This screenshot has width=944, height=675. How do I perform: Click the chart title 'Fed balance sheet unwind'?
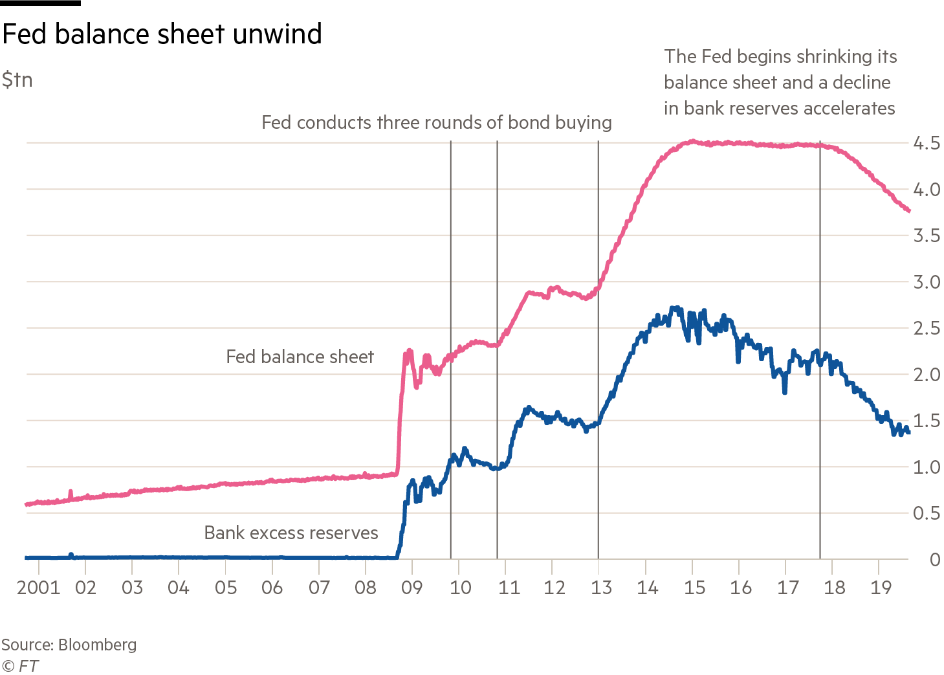[x=162, y=34]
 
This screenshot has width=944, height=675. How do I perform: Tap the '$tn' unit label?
[x=17, y=80]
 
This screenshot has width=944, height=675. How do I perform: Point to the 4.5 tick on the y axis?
[x=926, y=143]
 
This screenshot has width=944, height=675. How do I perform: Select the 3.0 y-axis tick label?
[x=926, y=282]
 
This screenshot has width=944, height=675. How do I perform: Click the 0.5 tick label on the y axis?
[x=926, y=513]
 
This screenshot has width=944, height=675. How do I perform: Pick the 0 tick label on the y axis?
[x=934, y=560]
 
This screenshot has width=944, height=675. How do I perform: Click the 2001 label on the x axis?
[x=38, y=588]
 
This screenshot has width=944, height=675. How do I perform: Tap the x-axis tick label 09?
[x=412, y=588]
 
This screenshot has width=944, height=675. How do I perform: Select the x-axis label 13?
[x=600, y=588]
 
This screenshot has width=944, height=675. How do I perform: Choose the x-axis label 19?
[x=881, y=588]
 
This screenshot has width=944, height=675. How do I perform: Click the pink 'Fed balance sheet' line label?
[x=300, y=357]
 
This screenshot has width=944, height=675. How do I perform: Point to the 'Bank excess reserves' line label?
[x=291, y=533]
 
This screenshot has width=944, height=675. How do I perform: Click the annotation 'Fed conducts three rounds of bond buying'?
[x=437, y=122]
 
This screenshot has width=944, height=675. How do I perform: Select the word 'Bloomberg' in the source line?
[x=97, y=645]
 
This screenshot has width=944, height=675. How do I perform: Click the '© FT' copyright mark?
[x=20, y=665]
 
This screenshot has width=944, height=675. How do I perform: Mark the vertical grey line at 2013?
[x=598, y=388]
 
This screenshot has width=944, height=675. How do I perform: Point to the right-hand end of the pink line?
[x=909, y=210]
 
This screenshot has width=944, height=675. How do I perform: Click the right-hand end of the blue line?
[x=908, y=432]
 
